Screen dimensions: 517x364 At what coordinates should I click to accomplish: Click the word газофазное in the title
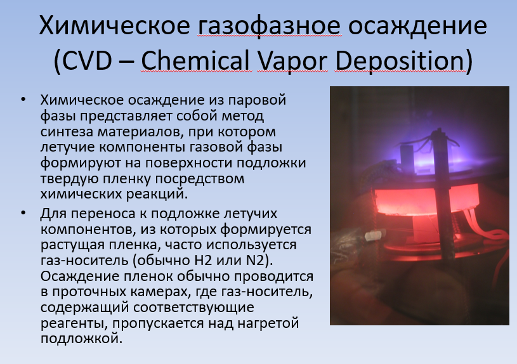pyautogui.click(x=269, y=26)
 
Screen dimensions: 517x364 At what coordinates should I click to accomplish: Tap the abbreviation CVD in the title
pyautogui.click(x=87, y=61)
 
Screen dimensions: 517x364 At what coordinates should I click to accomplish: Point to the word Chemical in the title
pyautogui.click(x=195, y=61)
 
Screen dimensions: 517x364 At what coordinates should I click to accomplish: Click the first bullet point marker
pyautogui.click(x=23, y=99)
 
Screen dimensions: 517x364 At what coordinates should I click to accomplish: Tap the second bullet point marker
pyautogui.click(x=23, y=213)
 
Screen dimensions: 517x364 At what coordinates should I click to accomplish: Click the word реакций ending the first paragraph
pyautogui.click(x=157, y=194)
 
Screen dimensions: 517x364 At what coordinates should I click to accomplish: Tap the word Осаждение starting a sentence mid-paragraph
pyautogui.click(x=80, y=276)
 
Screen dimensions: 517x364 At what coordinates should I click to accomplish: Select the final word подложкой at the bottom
pyautogui.click(x=81, y=339)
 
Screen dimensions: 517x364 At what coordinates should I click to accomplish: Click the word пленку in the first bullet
pyautogui.click(x=127, y=179)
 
